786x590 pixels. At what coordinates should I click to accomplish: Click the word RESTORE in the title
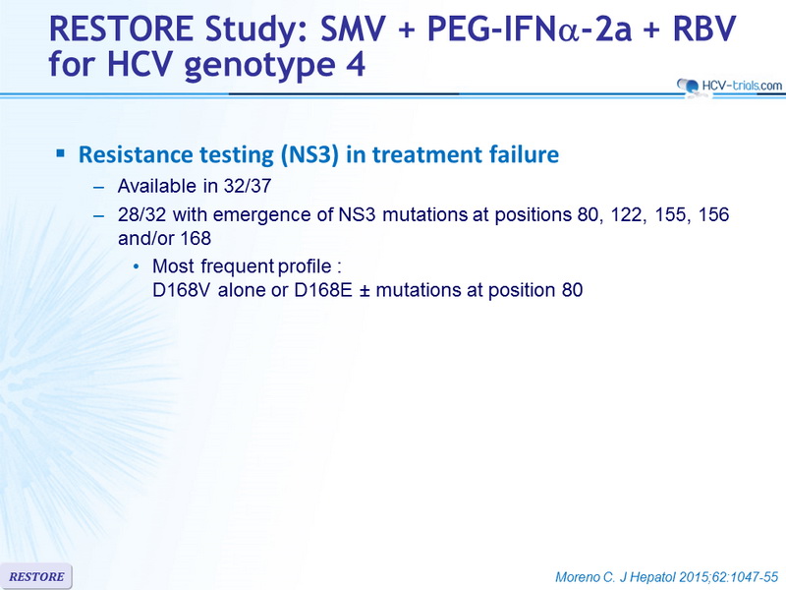[121, 29]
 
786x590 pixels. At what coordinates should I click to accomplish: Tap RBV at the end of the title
[704, 29]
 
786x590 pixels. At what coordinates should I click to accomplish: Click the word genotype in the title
[260, 66]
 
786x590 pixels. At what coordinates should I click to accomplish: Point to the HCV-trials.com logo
[729, 86]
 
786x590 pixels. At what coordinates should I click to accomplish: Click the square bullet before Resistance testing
[61, 153]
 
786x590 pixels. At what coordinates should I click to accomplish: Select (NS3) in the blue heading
[306, 154]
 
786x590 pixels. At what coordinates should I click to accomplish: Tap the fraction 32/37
[248, 186]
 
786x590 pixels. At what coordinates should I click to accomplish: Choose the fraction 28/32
[141, 214]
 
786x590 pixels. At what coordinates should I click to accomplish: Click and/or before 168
[144, 238]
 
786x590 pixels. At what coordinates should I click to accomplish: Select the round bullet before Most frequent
[136, 266]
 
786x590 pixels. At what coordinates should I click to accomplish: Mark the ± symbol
[365, 291]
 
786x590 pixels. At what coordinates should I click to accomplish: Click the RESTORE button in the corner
[36, 576]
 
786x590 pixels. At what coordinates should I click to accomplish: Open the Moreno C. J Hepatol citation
[666, 577]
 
